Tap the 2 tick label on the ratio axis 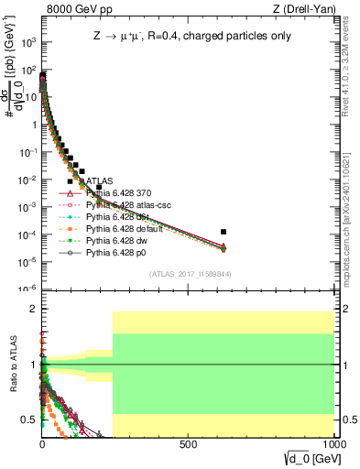point(32,310)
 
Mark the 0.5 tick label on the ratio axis point(28,420)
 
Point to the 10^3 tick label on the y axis point(27,42)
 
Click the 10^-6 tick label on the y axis point(27,289)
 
